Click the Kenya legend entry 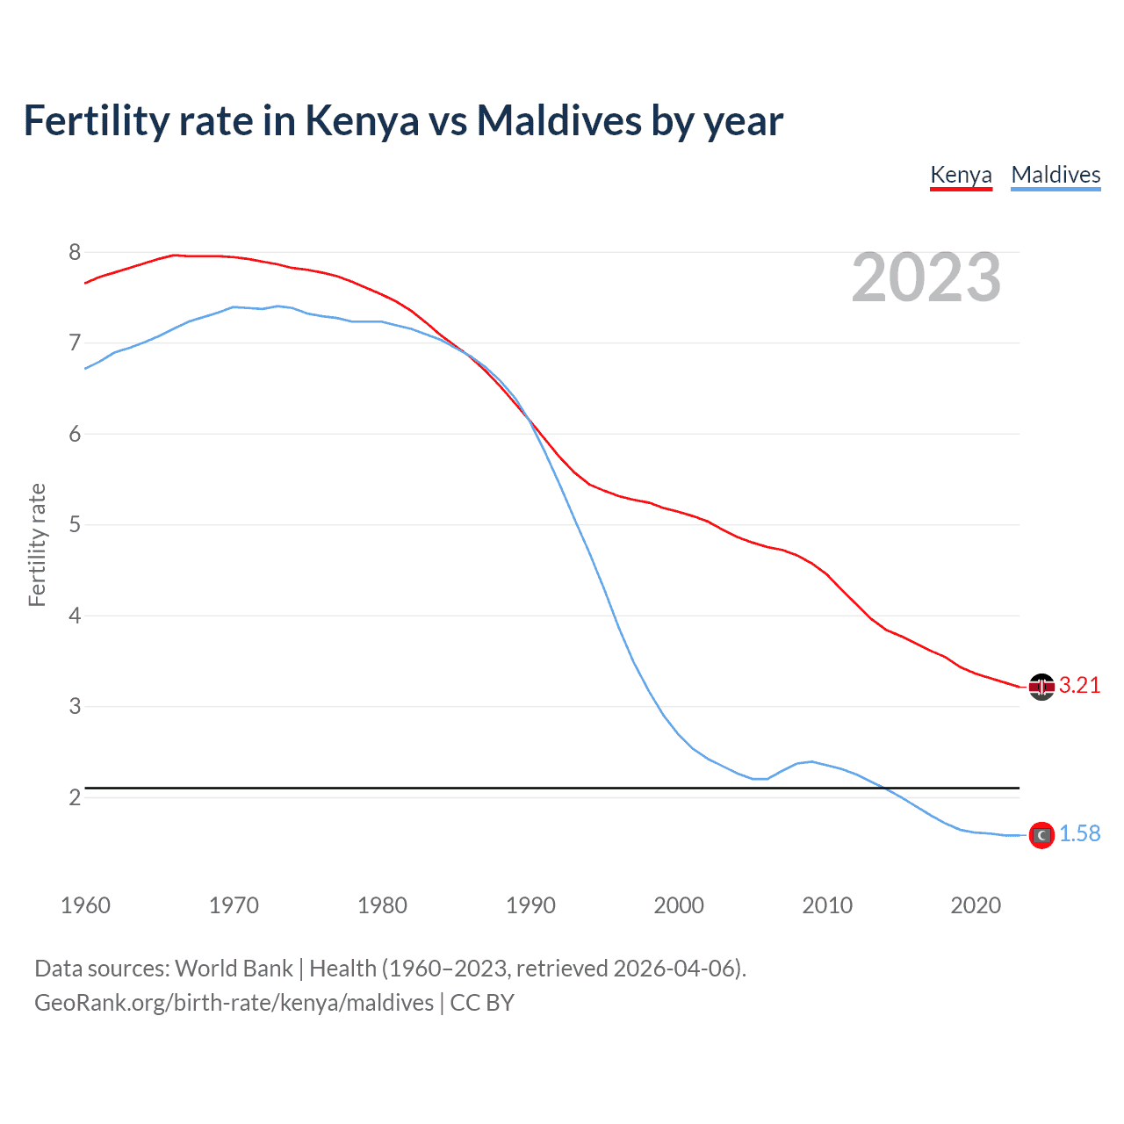point(961,175)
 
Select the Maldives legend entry point(1056,175)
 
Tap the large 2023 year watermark point(926,278)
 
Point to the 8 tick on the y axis point(75,253)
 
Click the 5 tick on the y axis point(75,525)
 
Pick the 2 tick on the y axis point(75,797)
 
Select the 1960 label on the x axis point(85,905)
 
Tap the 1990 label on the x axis point(530,905)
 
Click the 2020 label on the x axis point(976,905)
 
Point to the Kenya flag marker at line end point(1041,687)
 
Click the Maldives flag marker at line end point(1041,835)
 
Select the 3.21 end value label point(1079,686)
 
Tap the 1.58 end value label point(1079,834)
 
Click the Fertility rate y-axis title point(37,544)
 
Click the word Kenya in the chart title point(362,121)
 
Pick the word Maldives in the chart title point(558,121)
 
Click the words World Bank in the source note point(234,969)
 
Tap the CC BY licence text point(482,1003)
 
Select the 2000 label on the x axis point(679,905)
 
